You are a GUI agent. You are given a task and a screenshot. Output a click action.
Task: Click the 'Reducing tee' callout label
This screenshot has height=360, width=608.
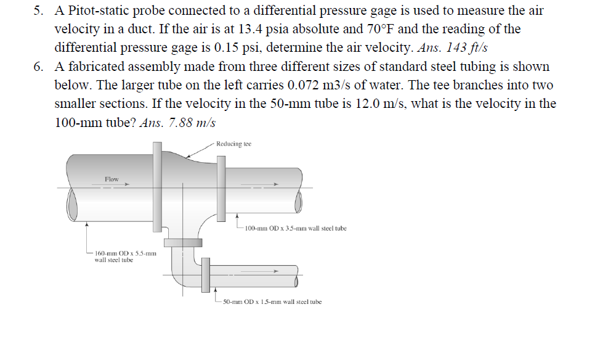(234, 144)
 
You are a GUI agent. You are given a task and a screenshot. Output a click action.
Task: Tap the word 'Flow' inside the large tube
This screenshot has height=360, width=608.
(111, 179)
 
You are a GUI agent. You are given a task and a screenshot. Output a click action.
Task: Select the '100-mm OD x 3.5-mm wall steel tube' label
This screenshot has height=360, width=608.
(295, 228)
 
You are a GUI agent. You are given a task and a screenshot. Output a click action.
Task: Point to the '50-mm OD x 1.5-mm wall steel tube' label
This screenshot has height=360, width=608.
(272, 301)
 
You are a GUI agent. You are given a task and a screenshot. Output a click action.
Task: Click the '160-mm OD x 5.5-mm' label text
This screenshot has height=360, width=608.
(121, 253)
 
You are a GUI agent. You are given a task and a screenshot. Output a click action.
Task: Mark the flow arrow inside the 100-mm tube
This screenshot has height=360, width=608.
(265, 184)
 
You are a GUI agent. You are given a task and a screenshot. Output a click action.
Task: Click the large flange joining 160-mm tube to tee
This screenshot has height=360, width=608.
(158, 185)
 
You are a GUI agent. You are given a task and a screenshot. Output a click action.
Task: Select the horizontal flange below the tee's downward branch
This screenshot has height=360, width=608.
(183, 242)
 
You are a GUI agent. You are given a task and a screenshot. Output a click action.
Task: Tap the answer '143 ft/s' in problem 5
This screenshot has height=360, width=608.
(472, 47)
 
